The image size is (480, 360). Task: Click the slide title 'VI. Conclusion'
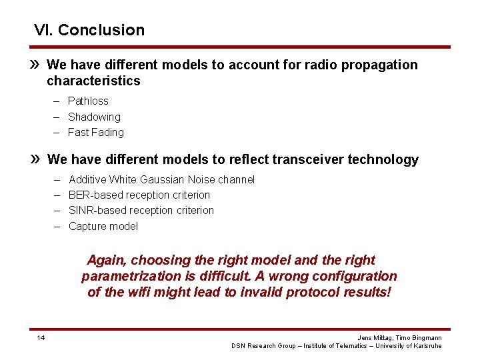[89, 30]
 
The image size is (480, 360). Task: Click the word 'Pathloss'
[88, 101]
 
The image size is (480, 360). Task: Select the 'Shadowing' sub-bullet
[94, 117]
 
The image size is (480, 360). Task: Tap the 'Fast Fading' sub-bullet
[96, 132]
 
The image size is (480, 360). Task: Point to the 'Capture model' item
[103, 226]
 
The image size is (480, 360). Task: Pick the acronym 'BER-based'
[92, 195]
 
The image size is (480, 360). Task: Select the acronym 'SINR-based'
[94, 210]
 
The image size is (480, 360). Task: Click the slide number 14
[41, 338]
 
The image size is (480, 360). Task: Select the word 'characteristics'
[93, 81]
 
